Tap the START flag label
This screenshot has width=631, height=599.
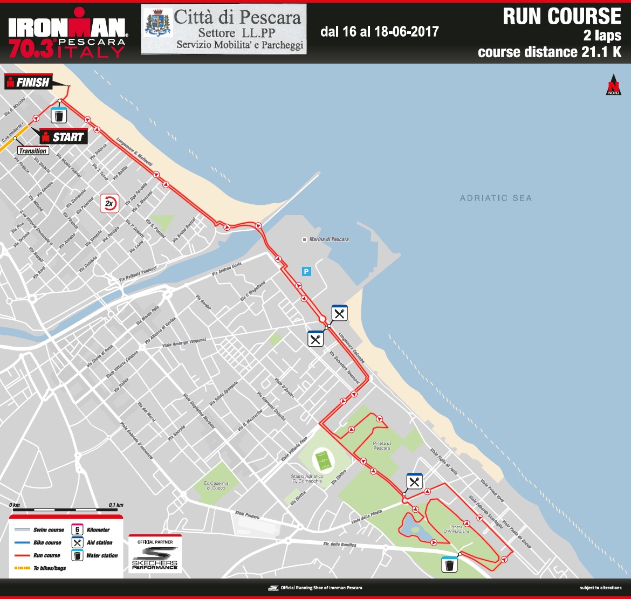click(x=64, y=137)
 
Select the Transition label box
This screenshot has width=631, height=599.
click(x=32, y=151)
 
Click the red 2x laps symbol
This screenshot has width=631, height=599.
click(x=110, y=203)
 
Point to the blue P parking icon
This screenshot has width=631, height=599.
click(x=306, y=272)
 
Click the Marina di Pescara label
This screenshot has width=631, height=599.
click(x=328, y=239)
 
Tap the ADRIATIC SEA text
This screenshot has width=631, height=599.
click(x=496, y=198)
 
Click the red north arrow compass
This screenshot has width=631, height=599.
click(x=612, y=85)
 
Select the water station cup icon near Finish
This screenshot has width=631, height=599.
click(x=59, y=115)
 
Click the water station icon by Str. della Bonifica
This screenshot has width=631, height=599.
click(x=449, y=564)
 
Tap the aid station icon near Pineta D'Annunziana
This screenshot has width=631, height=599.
click(x=414, y=481)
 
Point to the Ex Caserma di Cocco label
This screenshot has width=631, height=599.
click(x=216, y=484)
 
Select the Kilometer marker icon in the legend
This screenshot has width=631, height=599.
click(x=78, y=529)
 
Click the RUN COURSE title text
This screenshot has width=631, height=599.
click(x=562, y=17)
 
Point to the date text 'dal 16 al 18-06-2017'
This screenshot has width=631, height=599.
click(x=379, y=32)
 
